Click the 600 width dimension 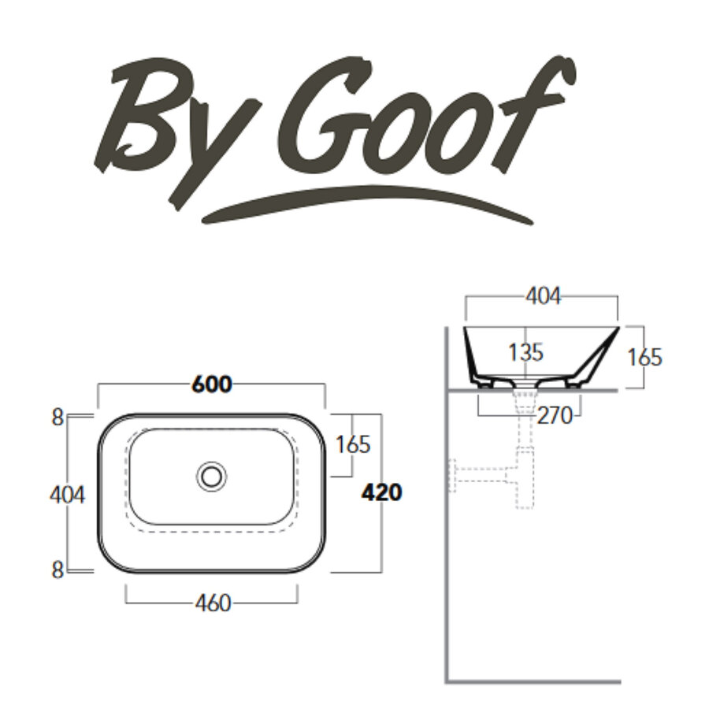pos(212,384)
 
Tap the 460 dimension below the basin pos(212,603)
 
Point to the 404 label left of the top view pos(67,494)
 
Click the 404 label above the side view pos(543,296)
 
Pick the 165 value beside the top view pos(352,445)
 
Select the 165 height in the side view pos(645,357)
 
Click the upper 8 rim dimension pos(57,418)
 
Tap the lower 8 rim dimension pos(57,570)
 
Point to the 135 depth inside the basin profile pos(525,352)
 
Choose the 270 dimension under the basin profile pos(555,415)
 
